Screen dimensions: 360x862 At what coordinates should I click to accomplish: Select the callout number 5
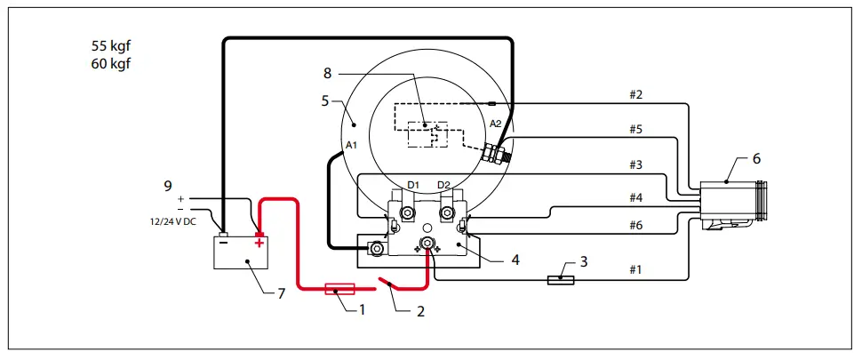(325, 101)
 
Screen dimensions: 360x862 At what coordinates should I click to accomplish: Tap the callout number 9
(166, 186)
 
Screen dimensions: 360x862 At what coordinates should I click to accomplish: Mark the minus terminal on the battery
(225, 241)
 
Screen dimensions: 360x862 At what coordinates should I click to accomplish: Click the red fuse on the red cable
(342, 289)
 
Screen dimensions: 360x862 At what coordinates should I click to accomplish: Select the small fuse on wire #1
(560, 281)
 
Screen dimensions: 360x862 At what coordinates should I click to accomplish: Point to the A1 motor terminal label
(353, 145)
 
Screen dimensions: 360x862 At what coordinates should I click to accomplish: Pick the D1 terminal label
(412, 185)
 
